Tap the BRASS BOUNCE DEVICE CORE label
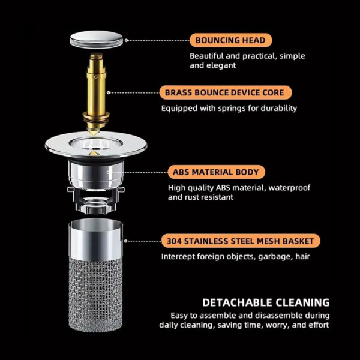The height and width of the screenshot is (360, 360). tap(226, 92)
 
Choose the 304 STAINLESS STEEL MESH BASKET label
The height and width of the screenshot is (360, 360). tap(240, 242)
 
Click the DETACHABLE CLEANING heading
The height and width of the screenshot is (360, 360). tap(266, 302)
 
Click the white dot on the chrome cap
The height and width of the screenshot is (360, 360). tap(125, 41)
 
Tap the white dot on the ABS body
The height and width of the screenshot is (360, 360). tap(108, 172)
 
